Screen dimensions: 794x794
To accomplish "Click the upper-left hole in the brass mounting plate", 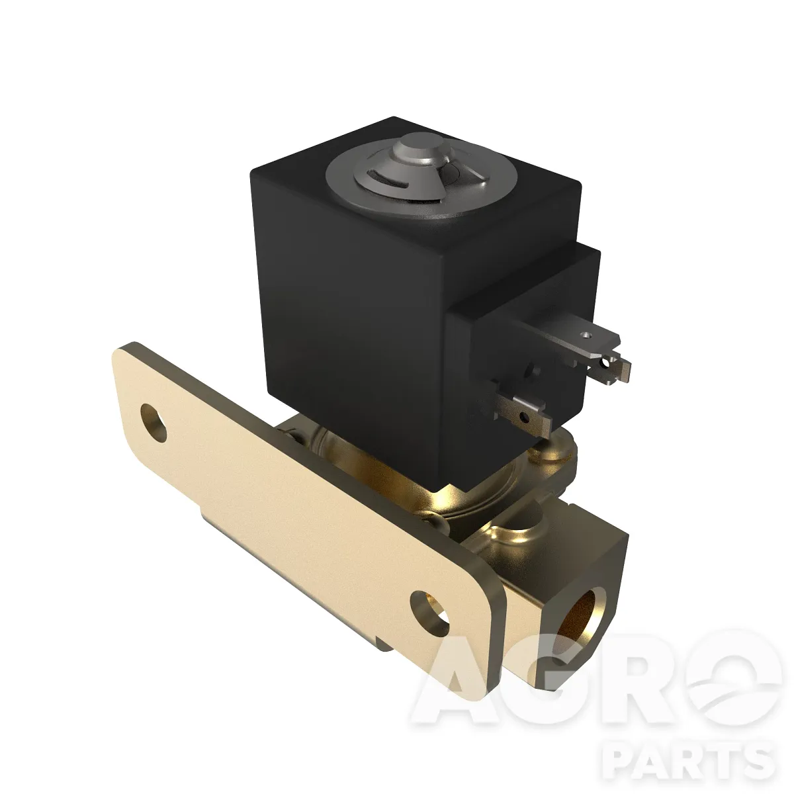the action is (x=154, y=422).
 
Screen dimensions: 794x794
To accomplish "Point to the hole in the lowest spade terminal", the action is (x=524, y=416).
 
